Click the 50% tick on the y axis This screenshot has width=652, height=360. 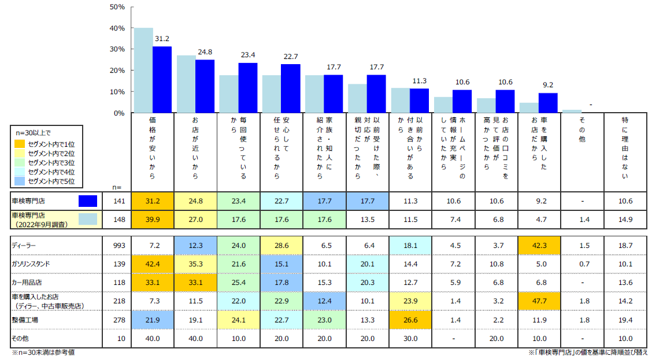click(x=117, y=7)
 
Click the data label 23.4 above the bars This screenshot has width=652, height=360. click(x=248, y=55)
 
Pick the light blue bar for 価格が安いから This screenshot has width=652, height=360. click(x=143, y=70)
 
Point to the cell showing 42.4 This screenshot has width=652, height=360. click(x=153, y=263)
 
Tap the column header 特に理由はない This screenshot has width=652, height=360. click(x=625, y=147)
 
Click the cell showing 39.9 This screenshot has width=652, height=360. click(x=153, y=219)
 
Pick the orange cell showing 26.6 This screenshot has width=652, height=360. click(x=410, y=320)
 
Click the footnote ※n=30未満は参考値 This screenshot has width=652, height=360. click(x=43, y=352)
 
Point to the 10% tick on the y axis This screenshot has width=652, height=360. click(x=117, y=92)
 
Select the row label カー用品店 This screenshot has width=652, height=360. click(x=28, y=282)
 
